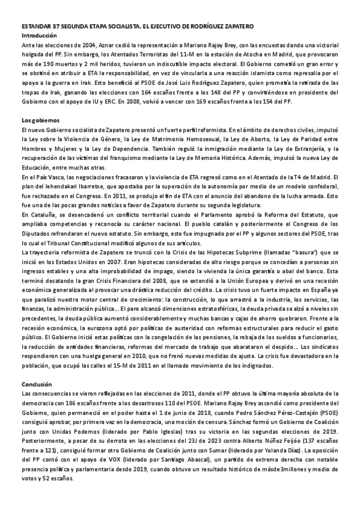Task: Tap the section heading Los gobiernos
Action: click(x=38, y=121)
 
